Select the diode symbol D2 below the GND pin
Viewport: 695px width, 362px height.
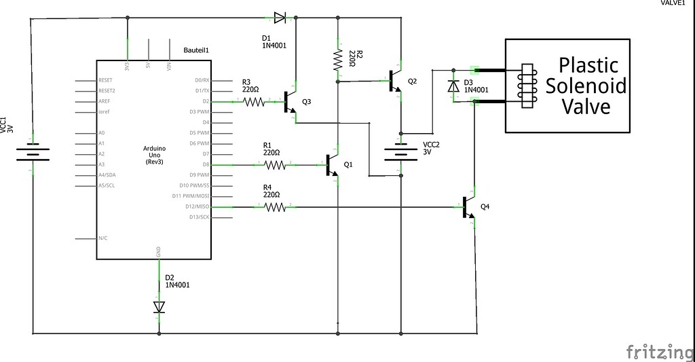[159, 307]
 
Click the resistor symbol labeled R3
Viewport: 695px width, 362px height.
[255, 102]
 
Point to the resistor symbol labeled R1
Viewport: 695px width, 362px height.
[275, 164]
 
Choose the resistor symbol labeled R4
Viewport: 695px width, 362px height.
[275, 206]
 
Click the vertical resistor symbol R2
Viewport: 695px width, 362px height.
[337, 60]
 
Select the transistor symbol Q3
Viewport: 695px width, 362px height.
[290, 102]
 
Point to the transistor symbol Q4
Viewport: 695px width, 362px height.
[469, 207]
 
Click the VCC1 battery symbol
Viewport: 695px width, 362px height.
[31, 153]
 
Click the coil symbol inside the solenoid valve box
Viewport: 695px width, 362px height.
[526, 86]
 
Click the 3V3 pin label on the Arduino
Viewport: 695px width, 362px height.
[127, 67]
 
